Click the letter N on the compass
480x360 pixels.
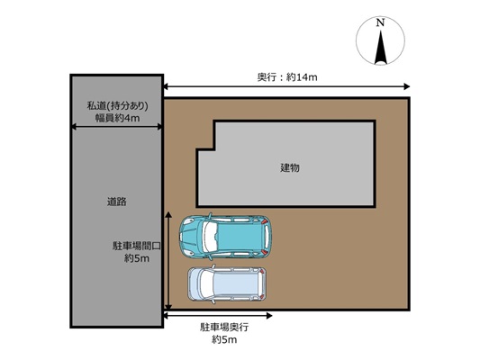pyautogui.click(x=380, y=22)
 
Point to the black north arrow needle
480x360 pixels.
pyautogui.click(x=381, y=47)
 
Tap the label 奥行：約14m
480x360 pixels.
pyautogui.click(x=287, y=77)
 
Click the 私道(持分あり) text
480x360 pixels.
pyautogui.click(x=118, y=106)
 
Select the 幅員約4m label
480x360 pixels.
pyautogui.click(x=118, y=118)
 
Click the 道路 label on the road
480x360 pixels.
pyautogui.click(x=117, y=202)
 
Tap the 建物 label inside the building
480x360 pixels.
pyautogui.click(x=290, y=167)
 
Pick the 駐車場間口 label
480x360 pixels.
pyautogui.click(x=137, y=246)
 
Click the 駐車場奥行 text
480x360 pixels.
pyautogui.click(x=224, y=328)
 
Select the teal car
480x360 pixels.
pyautogui.click(x=225, y=237)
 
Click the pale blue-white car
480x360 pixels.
pyautogui.click(x=227, y=284)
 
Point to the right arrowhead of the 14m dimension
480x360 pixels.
pyautogui.click(x=407, y=86)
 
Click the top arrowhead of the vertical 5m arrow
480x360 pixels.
pyautogui.click(x=168, y=214)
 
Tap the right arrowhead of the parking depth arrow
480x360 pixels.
pyautogui.click(x=269, y=316)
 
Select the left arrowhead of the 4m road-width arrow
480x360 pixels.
pyautogui.click(x=74, y=127)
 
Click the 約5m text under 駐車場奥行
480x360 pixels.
pyautogui.click(x=224, y=339)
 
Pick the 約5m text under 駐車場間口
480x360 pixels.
pyautogui.click(x=137, y=258)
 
